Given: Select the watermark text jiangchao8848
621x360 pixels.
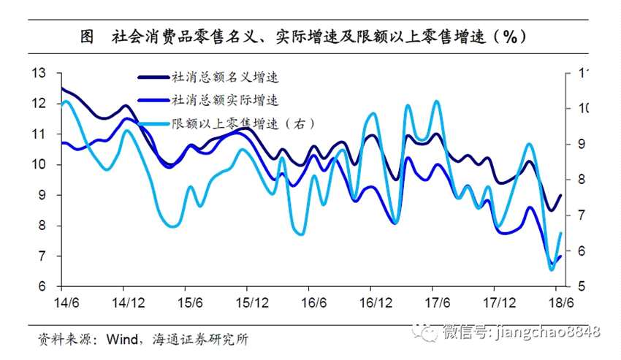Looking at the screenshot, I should click(548, 332).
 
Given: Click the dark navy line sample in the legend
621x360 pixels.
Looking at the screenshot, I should click(153, 75).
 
